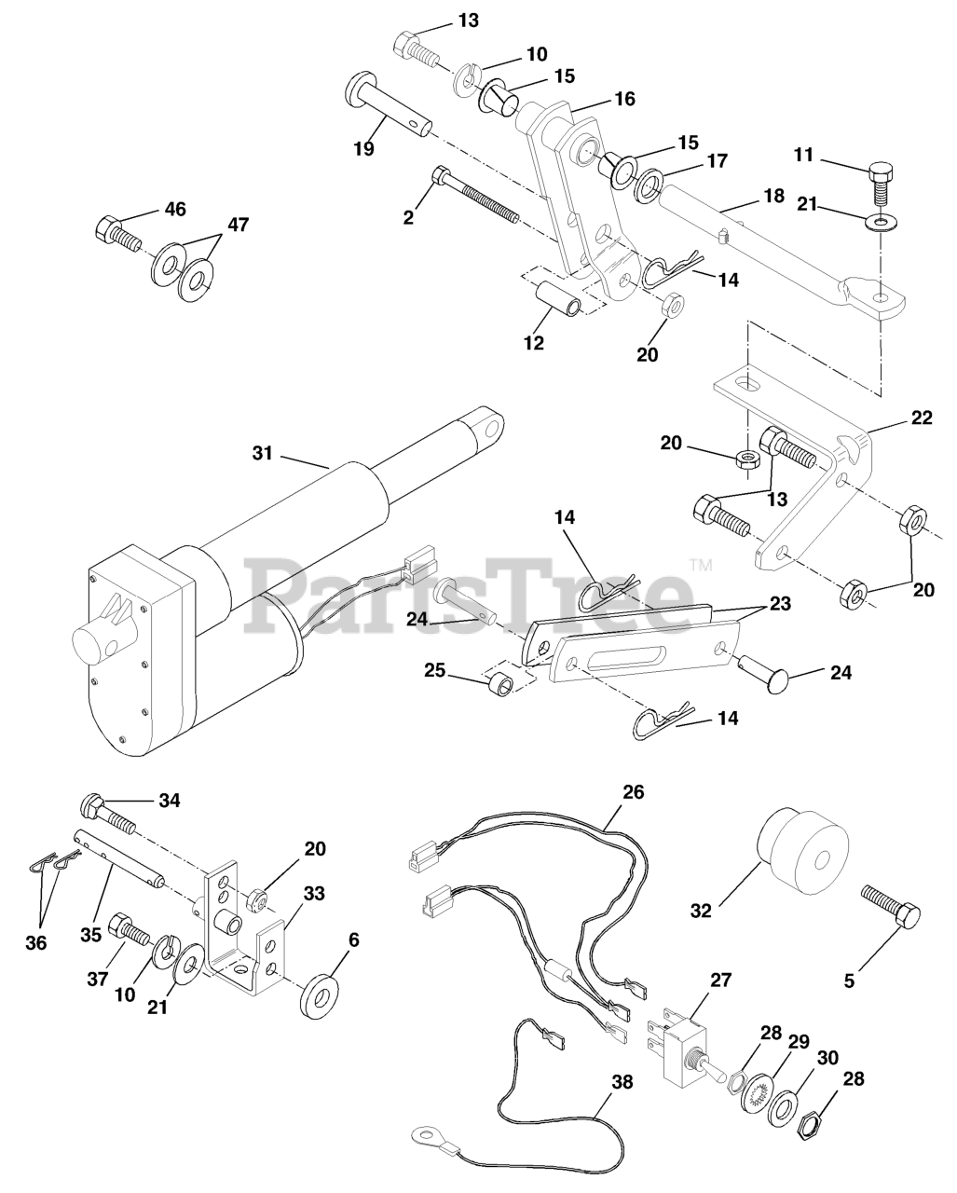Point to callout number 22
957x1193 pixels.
[x=921, y=418]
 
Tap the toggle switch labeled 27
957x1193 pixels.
[x=690, y=1041]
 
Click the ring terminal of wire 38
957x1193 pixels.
[x=427, y=1135]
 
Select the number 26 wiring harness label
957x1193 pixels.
[x=634, y=792]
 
